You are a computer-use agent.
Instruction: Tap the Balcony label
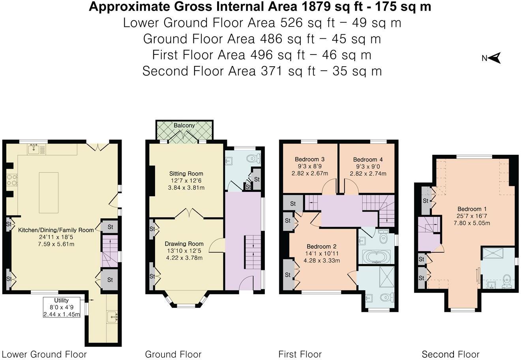pyautogui.click(x=184, y=126)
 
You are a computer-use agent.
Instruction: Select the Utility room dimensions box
pyautogui.click(x=62, y=307)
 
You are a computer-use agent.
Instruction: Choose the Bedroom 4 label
pyautogui.click(x=367, y=160)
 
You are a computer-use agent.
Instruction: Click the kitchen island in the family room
pyautogui.click(x=49, y=193)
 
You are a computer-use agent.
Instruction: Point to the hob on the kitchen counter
pyautogui.click(x=12, y=180)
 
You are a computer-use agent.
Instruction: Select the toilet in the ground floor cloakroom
pyautogui.click(x=253, y=158)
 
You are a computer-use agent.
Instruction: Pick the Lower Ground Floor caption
pyautogui.click(x=44, y=354)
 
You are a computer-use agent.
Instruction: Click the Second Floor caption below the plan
pyautogui.click(x=450, y=354)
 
